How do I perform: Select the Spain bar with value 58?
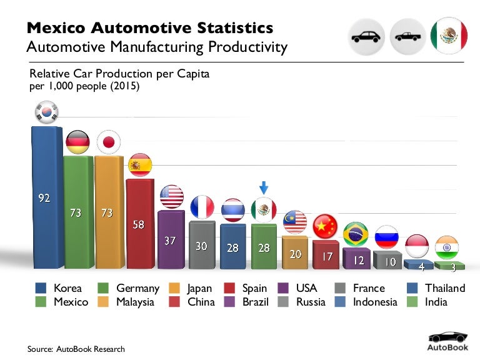point(139,223)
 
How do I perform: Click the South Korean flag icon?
point(45,112)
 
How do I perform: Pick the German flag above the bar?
point(77,142)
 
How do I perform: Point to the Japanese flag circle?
point(109,142)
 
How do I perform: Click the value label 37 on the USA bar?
point(170,240)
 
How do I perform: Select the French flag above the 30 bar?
point(202,207)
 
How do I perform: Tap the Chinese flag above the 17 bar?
point(325,226)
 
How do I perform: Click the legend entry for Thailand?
point(436,288)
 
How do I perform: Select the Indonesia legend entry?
point(366,302)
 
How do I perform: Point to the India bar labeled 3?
point(449,266)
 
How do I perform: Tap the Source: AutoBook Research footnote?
point(76,349)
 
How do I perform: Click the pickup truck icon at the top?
point(407,36)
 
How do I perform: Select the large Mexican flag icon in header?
point(449,36)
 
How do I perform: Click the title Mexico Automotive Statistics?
point(149,28)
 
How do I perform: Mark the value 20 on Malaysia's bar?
point(295,253)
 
